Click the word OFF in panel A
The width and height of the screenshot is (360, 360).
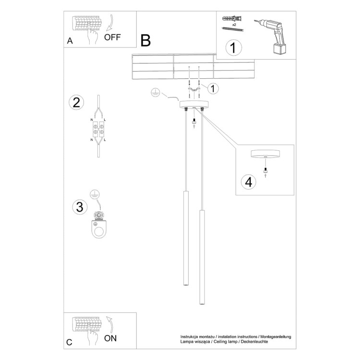113,37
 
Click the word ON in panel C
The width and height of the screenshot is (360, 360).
110,338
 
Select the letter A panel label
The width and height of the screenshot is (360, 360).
70,41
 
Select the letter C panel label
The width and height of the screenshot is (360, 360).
70,342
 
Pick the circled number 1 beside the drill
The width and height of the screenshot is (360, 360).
233,48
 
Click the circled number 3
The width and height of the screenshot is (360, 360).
80,207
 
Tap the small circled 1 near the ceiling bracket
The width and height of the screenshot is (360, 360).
213,88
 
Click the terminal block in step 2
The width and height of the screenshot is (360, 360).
98,130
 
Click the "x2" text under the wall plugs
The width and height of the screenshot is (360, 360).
233,24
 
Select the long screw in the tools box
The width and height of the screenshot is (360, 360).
233,29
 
